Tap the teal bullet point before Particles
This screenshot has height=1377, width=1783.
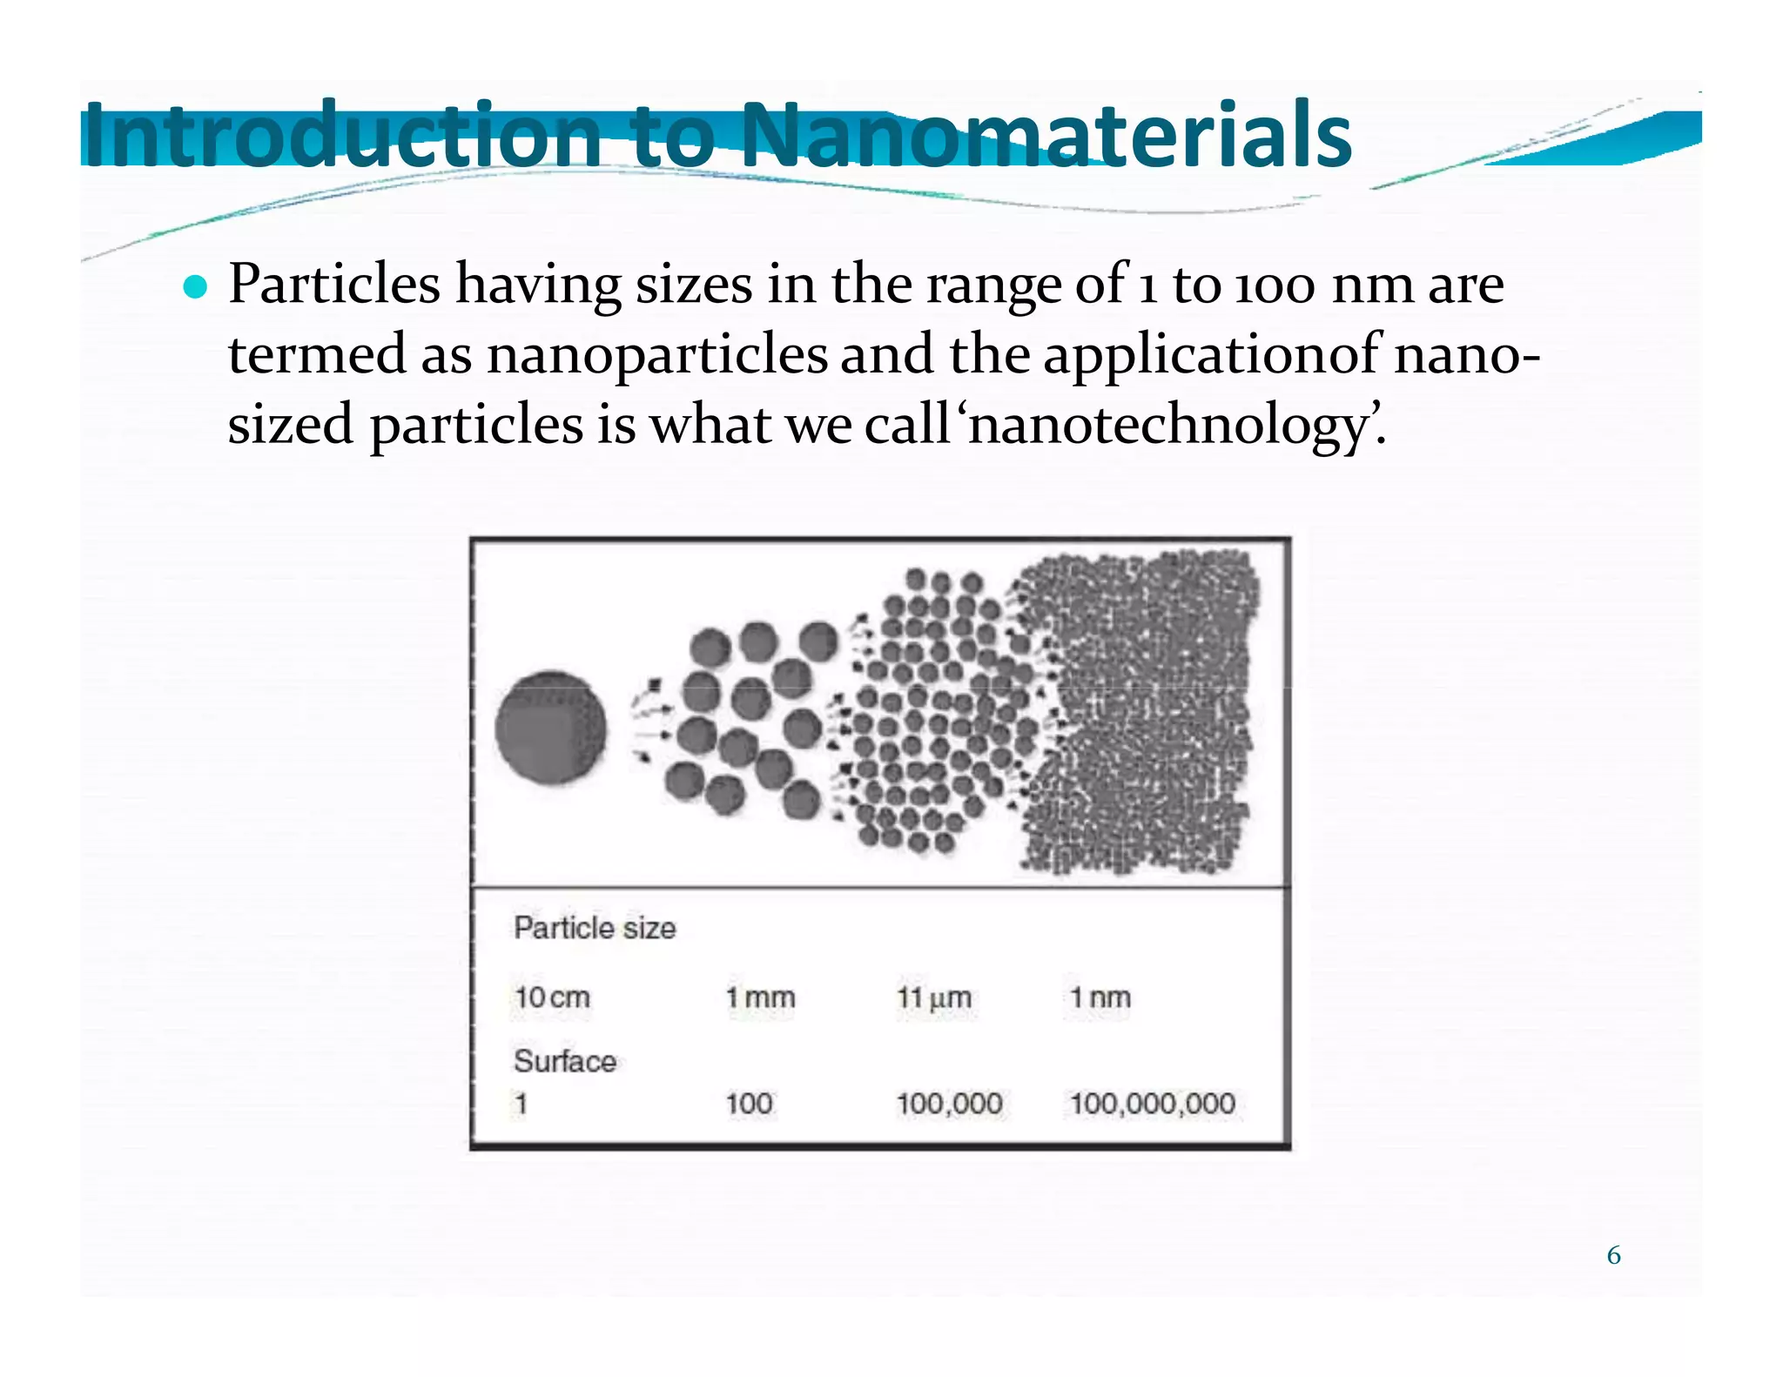pos(197,286)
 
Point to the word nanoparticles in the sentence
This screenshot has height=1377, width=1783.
pos(656,355)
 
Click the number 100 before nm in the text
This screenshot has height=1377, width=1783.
pos(1275,285)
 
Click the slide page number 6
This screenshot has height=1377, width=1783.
pos(1613,1255)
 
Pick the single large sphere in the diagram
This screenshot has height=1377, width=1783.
pos(550,728)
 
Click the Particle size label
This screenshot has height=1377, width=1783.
pos(595,928)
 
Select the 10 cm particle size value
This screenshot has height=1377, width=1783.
pos(552,997)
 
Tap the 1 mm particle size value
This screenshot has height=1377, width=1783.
pos(760,997)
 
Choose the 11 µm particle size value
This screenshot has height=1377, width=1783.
pos(934,997)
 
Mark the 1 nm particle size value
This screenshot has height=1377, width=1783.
pos(1100,997)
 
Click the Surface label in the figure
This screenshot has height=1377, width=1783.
pos(565,1061)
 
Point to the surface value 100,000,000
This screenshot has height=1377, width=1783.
pos(1152,1104)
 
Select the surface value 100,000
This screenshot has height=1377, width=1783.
pos(949,1104)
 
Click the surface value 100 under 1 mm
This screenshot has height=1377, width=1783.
pos(749,1104)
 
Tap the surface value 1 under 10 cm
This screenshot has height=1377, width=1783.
pos(521,1104)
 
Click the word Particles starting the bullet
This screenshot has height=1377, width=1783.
pos(334,285)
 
